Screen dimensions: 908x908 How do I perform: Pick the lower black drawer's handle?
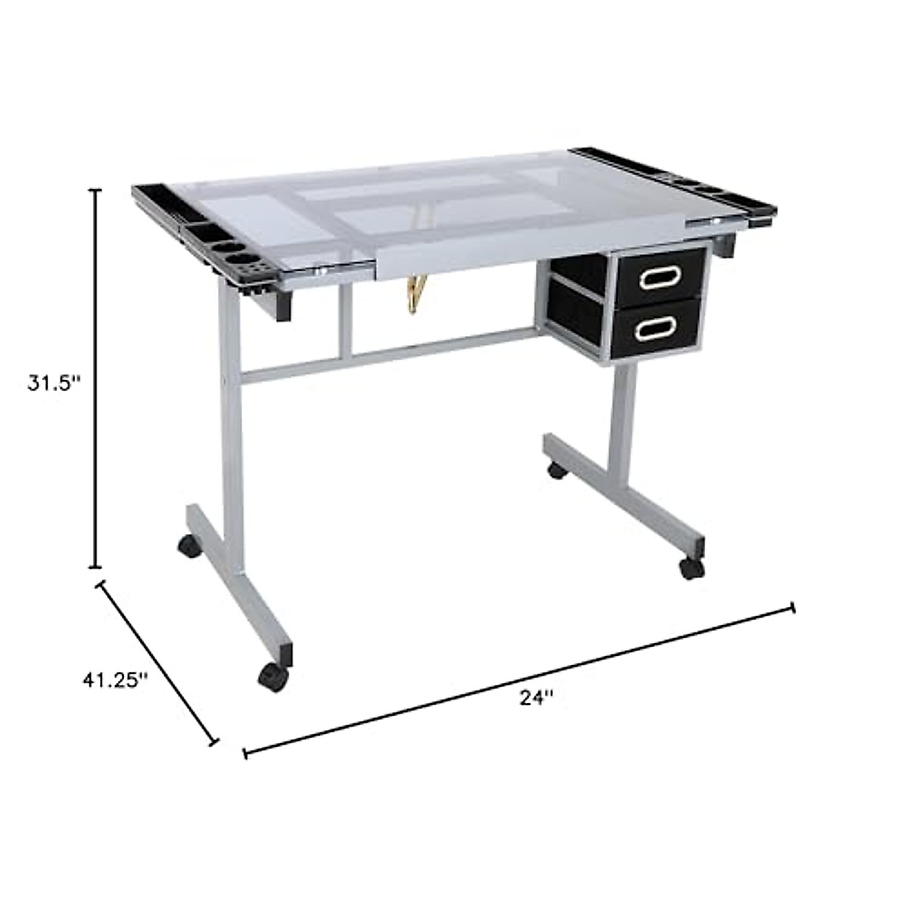656,328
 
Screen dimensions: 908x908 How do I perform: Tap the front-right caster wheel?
690,567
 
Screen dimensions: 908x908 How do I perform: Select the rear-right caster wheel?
556,470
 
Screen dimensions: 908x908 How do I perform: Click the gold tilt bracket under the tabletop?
414,293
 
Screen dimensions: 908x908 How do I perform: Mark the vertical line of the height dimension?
95,378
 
